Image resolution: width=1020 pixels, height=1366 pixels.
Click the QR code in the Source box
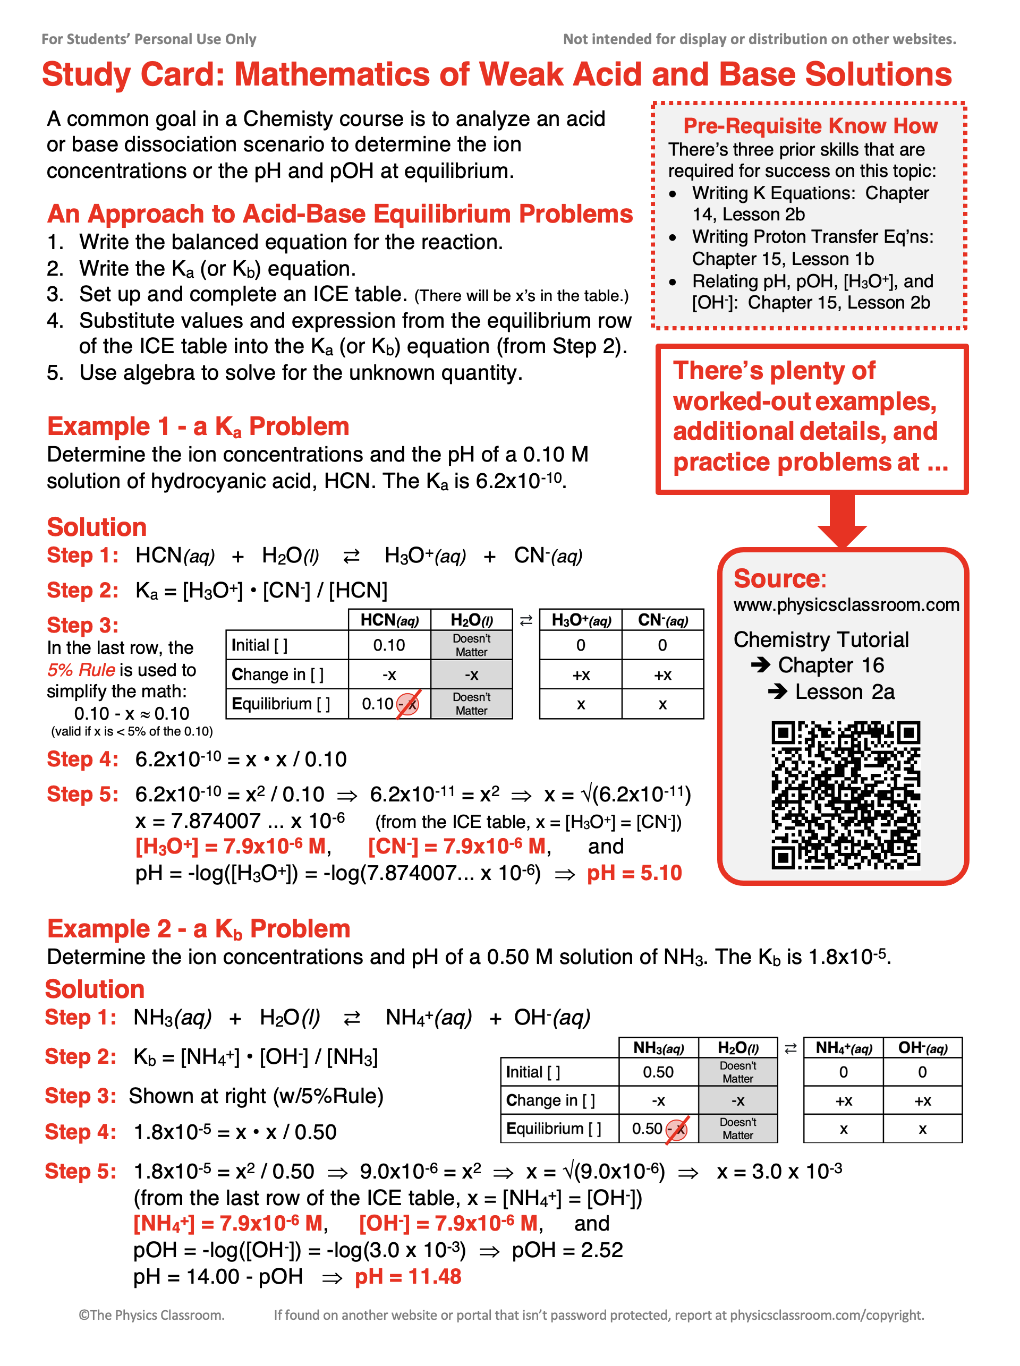[x=845, y=795]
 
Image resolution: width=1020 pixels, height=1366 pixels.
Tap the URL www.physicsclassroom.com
[x=846, y=604]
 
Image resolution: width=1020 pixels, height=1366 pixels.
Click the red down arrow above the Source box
[x=841, y=520]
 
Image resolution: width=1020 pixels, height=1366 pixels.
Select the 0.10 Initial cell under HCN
[x=389, y=645]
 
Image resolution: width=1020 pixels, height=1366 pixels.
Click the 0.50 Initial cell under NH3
[x=658, y=1072]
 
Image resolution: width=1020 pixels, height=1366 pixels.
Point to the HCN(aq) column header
[x=389, y=620]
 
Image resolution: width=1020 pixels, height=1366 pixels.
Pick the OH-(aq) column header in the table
[x=922, y=1047]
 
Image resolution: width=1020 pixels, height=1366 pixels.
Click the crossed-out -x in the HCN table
[x=408, y=704]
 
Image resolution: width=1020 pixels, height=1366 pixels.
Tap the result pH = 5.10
[x=634, y=873]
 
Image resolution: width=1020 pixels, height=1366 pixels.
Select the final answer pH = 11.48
[x=407, y=1276]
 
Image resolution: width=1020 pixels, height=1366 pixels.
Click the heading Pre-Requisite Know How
[x=810, y=126]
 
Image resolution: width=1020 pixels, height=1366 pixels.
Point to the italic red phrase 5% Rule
[x=81, y=670]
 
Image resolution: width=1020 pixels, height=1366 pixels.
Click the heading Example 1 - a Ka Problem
[x=198, y=426]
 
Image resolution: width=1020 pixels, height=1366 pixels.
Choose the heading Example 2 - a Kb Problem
[x=198, y=929]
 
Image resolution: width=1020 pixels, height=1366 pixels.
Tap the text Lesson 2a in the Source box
[x=844, y=691]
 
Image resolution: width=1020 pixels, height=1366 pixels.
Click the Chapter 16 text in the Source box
[x=830, y=665]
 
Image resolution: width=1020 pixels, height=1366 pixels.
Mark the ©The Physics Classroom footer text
[x=151, y=1315]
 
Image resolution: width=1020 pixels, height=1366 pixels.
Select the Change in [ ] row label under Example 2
[x=550, y=1100]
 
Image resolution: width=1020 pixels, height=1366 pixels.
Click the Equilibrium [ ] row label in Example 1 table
[x=280, y=704]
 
